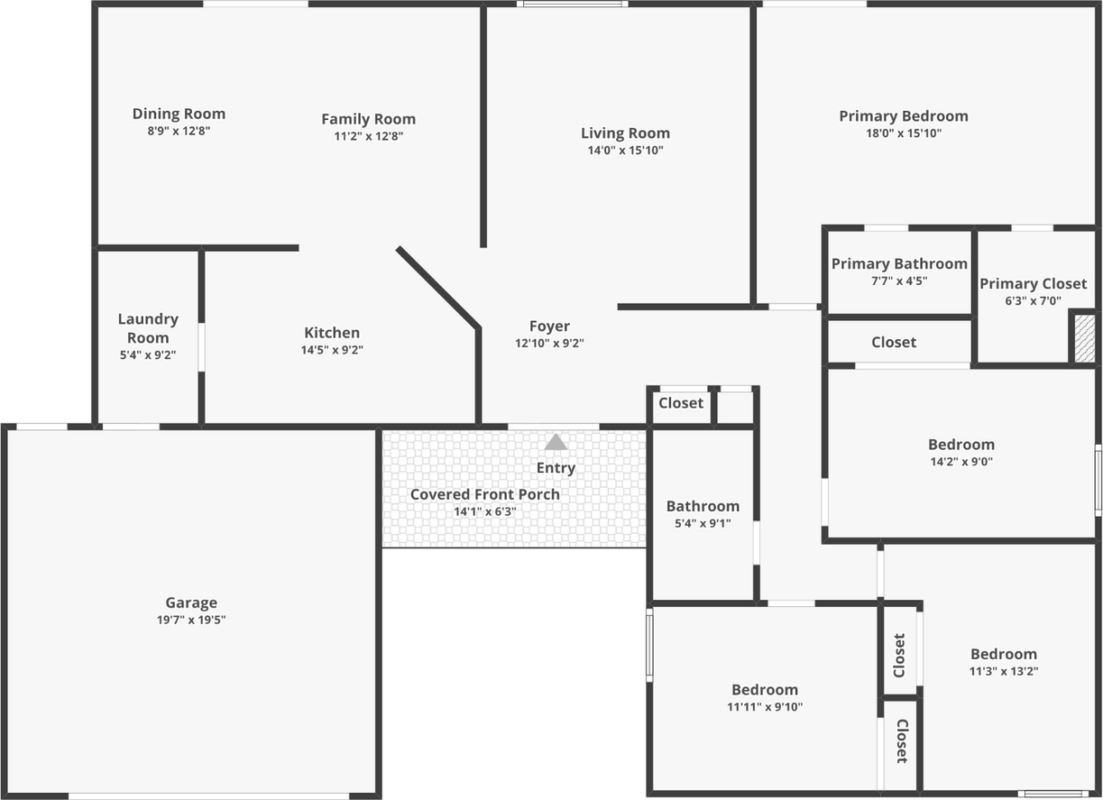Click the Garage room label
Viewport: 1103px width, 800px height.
pyautogui.click(x=191, y=602)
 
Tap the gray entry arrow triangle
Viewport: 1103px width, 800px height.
pyautogui.click(x=556, y=442)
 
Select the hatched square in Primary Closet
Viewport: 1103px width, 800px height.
pyautogui.click(x=1083, y=337)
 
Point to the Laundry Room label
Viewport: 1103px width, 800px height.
pyautogui.click(x=148, y=328)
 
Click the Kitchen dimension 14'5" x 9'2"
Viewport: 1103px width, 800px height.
pyautogui.click(x=332, y=350)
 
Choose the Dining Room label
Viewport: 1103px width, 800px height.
pyautogui.click(x=179, y=114)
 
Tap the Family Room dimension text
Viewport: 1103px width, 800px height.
pyautogui.click(x=368, y=136)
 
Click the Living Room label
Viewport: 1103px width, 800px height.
pyautogui.click(x=625, y=133)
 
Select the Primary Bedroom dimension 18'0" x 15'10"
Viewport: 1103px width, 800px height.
pyautogui.click(x=904, y=133)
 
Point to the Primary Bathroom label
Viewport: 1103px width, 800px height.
pyautogui.click(x=899, y=263)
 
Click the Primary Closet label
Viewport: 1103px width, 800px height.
pyautogui.click(x=1034, y=283)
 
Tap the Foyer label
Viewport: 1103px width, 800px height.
pyautogui.click(x=549, y=326)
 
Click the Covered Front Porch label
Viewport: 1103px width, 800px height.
pyautogui.click(x=485, y=494)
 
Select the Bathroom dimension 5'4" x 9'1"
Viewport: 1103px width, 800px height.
pyautogui.click(x=703, y=524)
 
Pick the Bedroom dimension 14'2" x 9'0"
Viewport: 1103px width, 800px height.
pyautogui.click(x=961, y=462)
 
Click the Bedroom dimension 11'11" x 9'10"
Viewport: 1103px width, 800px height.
pyautogui.click(x=765, y=707)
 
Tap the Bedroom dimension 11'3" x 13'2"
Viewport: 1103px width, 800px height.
pyautogui.click(x=1004, y=671)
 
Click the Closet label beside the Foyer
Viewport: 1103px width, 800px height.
pyautogui.click(x=681, y=403)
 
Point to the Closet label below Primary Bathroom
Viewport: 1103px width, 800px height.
pyautogui.click(x=894, y=342)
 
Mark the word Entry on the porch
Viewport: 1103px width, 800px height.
pyautogui.click(x=556, y=467)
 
